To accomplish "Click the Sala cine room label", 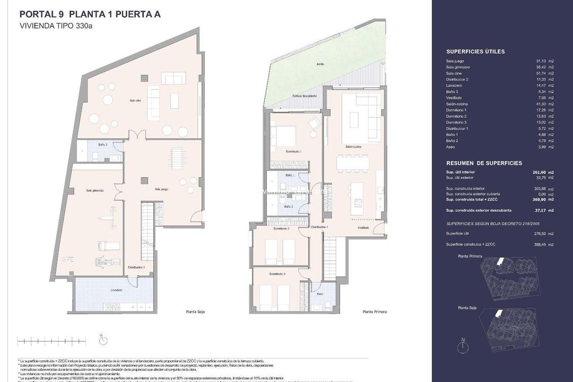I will pos(135,100).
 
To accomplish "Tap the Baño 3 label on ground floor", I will pos(103,144).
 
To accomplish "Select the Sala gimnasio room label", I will pos(94,190).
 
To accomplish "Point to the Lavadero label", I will pos(117,290).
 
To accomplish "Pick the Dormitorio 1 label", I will pos(293,152).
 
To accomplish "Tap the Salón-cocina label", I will pos(353,146).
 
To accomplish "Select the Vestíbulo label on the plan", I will pos(363,228).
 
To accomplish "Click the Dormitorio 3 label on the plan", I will pos(277,274).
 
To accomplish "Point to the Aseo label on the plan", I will pos(320,293).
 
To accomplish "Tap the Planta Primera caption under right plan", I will pos(374,311).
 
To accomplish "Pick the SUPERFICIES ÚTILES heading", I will pos(475,51).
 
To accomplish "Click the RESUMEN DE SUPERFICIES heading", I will pos(484,163).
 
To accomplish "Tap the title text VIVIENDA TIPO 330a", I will pos(56,25).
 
